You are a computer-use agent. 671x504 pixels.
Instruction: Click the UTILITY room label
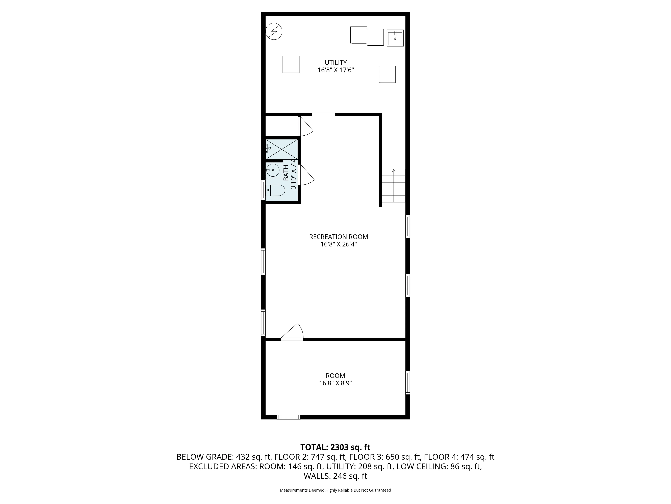coord(335,63)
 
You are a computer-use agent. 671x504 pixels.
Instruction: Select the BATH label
coord(286,173)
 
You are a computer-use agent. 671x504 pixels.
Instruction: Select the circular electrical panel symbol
coord(274,31)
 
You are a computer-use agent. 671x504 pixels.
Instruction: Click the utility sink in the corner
coord(395,38)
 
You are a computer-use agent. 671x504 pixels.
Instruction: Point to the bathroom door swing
coord(306,175)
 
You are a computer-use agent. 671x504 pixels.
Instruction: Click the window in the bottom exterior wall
coord(289,417)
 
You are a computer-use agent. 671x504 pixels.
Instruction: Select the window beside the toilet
coord(263,191)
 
